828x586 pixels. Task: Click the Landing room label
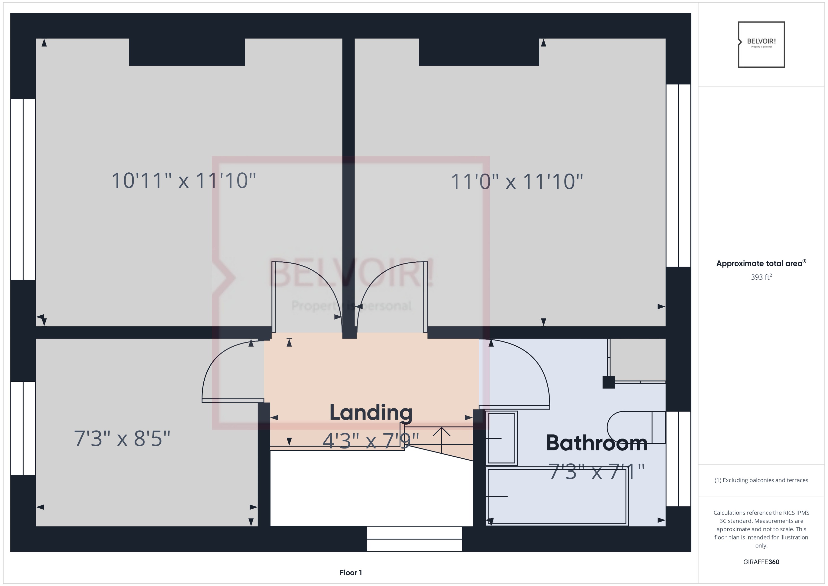371,412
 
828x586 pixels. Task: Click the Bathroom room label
596,443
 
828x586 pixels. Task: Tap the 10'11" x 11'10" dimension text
184,180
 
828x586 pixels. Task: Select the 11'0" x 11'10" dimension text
516,182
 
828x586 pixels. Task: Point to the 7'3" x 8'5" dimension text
122,439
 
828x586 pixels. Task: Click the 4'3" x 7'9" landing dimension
370,441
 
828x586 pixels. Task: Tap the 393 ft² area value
761,277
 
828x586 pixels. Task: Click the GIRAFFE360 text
761,562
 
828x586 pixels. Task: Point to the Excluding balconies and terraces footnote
761,480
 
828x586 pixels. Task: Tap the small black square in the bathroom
608,382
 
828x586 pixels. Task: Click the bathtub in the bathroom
557,496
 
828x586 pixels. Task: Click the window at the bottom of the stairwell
414,539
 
